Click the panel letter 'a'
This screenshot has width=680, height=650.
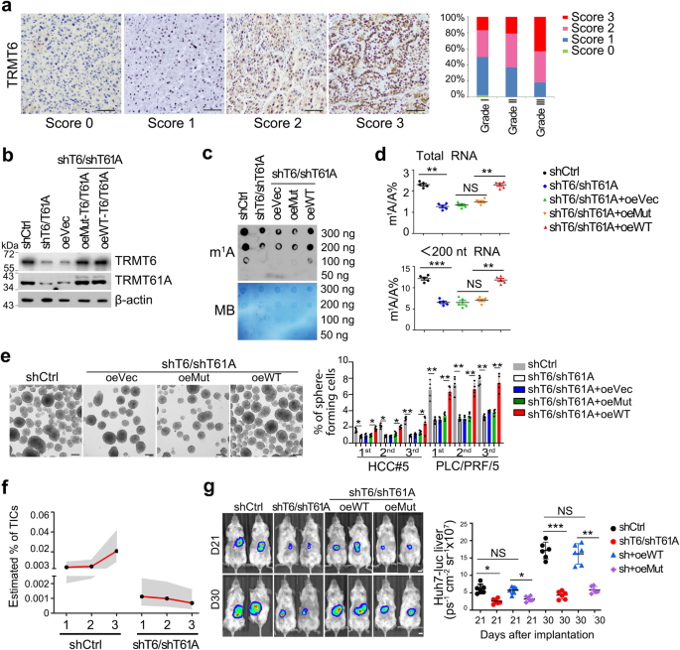[6, 7]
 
